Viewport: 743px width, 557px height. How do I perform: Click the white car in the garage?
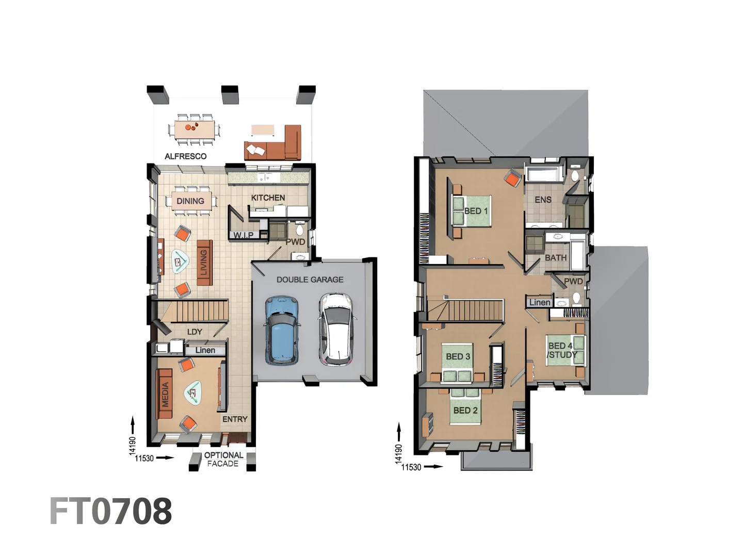[x=336, y=329]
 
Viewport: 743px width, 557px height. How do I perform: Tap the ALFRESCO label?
[x=185, y=156]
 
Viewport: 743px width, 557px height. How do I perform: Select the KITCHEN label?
[x=268, y=198]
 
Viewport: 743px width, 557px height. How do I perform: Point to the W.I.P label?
[x=243, y=235]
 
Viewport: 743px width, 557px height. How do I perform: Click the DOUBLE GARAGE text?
[x=310, y=280]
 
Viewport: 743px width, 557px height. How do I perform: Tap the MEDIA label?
[x=165, y=395]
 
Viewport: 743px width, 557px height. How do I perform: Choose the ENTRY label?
[x=235, y=419]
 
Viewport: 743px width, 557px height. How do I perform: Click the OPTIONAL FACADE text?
[x=223, y=459]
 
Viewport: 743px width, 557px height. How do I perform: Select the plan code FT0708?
[x=111, y=511]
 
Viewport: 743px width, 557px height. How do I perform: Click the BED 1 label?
[x=476, y=211]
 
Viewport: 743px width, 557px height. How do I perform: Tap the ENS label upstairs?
[x=543, y=200]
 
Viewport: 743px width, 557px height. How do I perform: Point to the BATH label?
[x=556, y=257]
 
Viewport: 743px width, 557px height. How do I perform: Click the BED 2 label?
[x=465, y=411]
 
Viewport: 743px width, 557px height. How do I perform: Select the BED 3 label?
[x=458, y=356]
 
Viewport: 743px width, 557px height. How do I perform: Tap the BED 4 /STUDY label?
[x=561, y=350]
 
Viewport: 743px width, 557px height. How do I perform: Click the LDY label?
[x=195, y=332]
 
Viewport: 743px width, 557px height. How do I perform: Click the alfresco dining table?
[x=194, y=129]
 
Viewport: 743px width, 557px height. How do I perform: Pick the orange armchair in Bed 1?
[x=512, y=179]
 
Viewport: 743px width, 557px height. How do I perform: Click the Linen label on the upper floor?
[x=540, y=303]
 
